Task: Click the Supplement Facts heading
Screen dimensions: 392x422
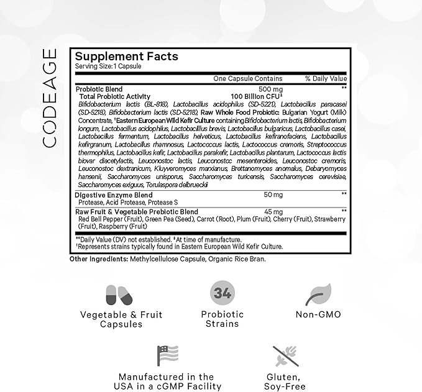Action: click(x=127, y=57)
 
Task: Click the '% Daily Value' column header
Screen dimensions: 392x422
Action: click(x=326, y=79)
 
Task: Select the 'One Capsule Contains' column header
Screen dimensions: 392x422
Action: click(x=247, y=79)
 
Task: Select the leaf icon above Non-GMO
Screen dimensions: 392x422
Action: click(x=321, y=294)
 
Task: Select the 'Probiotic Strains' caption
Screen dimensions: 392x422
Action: click(x=222, y=319)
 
